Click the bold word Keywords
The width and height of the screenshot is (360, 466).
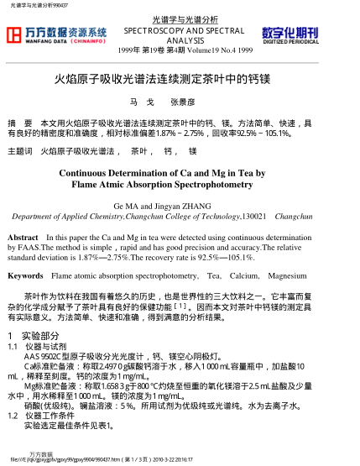[25, 275]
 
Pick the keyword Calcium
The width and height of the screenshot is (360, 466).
[244, 275]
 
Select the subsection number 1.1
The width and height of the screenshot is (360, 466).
[12, 345]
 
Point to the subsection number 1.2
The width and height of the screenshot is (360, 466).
[12, 416]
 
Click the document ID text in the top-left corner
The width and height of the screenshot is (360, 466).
[38, 5]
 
